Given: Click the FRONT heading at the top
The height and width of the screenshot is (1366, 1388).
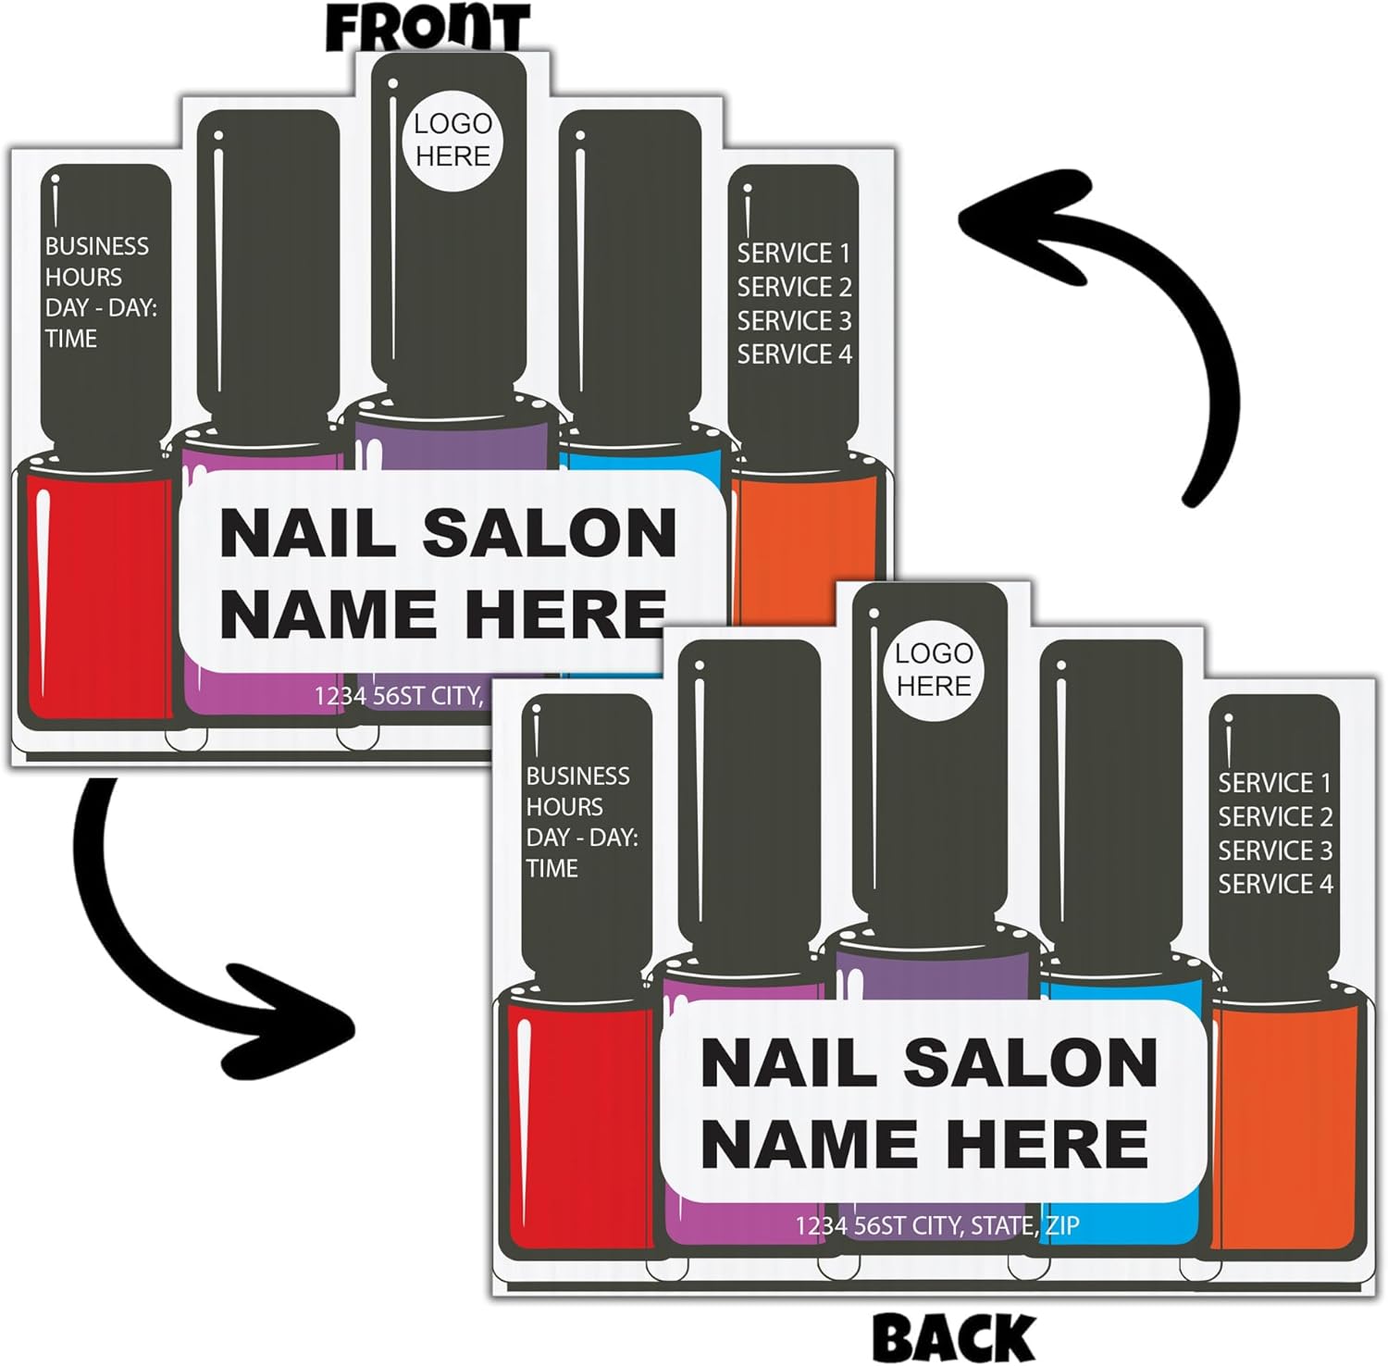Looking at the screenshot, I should (428, 27).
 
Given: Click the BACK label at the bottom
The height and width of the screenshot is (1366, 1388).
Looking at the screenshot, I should (953, 1338).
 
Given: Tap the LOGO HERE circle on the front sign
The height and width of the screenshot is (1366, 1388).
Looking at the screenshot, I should (452, 140).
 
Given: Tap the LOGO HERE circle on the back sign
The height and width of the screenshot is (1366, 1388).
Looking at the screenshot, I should (934, 669).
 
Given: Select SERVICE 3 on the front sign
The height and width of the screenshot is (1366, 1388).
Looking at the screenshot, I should (794, 321).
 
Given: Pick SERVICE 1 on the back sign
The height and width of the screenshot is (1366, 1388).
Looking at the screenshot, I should (1274, 783).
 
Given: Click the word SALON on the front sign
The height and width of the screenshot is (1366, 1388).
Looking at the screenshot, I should (550, 534).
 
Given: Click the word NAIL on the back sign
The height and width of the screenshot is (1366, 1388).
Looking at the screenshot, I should (787, 1062).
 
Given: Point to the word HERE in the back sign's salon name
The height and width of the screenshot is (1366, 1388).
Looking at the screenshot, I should (1047, 1144).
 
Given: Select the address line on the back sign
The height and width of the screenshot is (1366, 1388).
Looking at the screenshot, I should (936, 1226).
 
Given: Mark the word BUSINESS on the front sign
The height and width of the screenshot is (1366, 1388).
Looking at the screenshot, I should (97, 246).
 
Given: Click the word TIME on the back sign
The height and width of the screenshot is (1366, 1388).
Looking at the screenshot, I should (552, 868).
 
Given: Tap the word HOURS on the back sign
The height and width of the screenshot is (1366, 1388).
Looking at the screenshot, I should (564, 807).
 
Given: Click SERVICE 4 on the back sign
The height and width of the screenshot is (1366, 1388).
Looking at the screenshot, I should (1274, 885).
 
